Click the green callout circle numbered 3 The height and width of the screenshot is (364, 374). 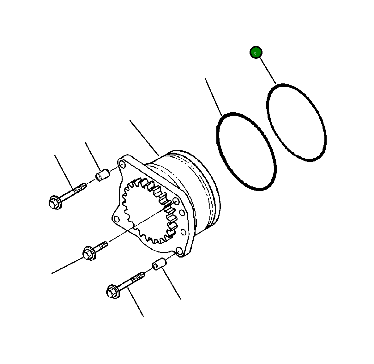[x=256, y=52]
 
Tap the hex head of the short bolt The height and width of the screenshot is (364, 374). [x=89, y=253]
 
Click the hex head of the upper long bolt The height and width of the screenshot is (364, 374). [x=55, y=202]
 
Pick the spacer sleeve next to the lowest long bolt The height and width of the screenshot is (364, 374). [x=159, y=264]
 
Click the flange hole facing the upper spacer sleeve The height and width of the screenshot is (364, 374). [x=121, y=163]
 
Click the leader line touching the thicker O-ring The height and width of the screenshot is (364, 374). [x=213, y=96]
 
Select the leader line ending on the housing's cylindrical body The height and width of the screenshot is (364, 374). [x=144, y=138]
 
